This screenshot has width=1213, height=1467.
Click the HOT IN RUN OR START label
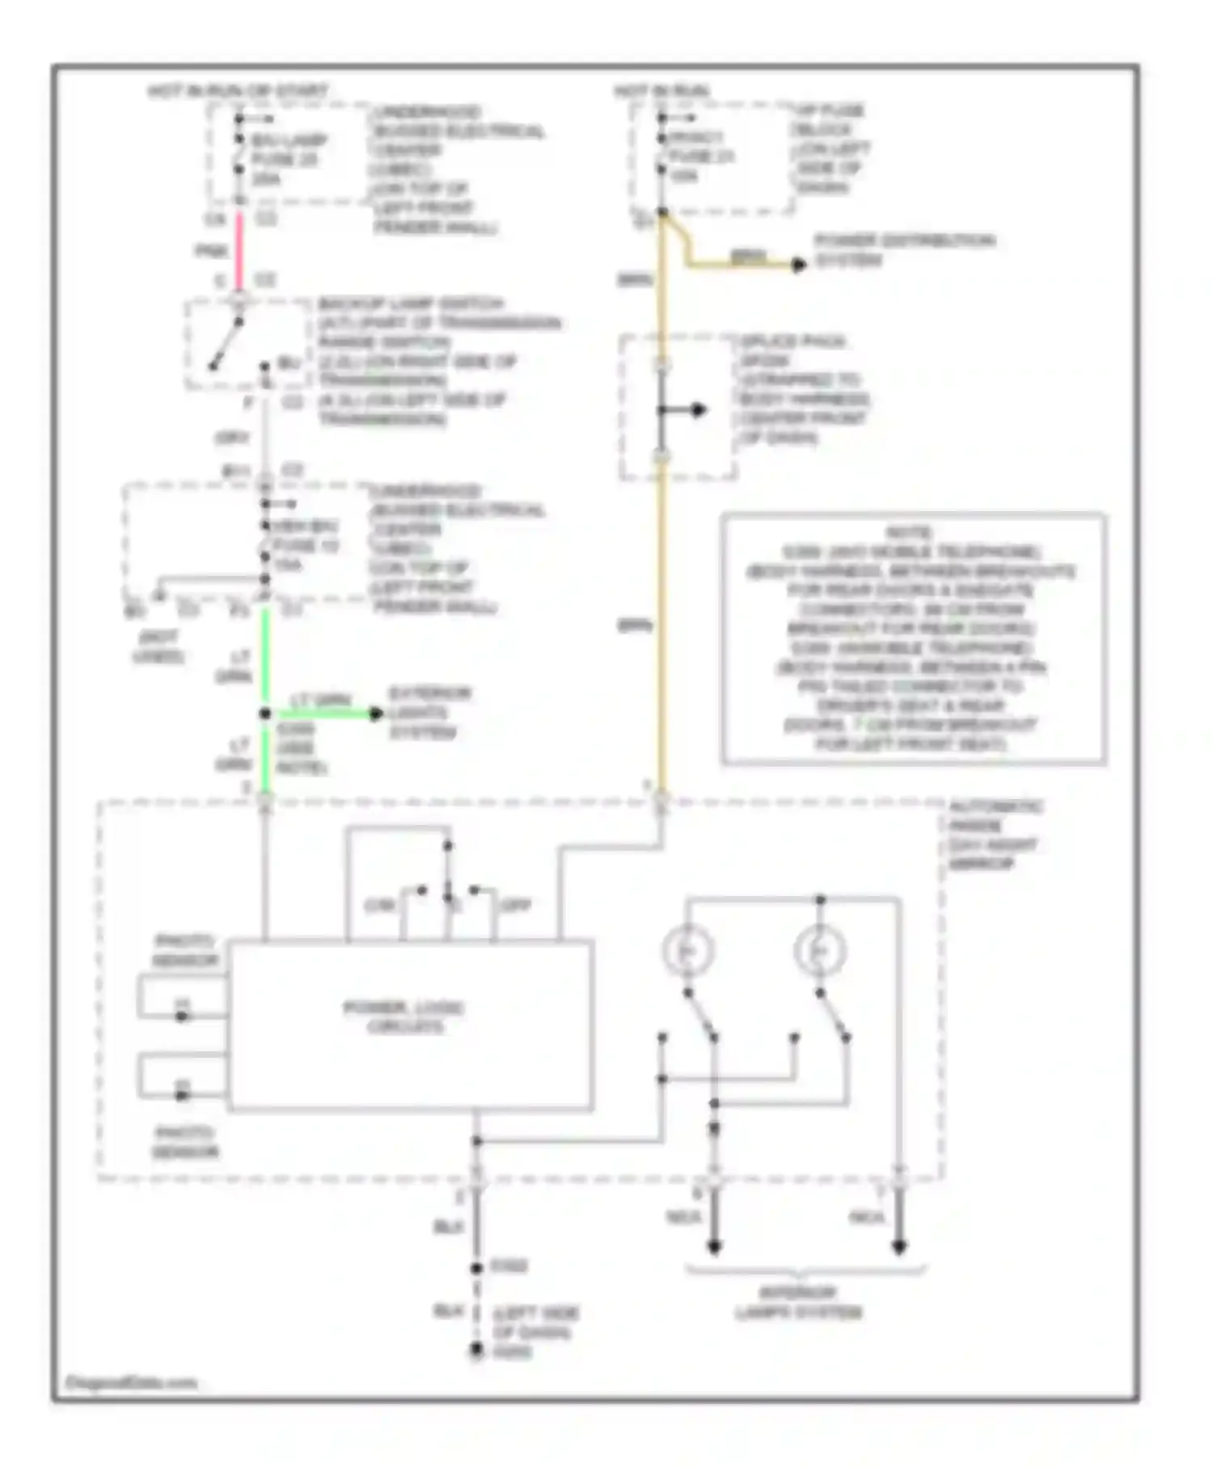[x=238, y=91]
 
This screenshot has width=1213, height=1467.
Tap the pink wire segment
[x=239, y=250]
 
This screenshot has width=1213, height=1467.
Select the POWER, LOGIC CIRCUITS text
[x=404, y=1017]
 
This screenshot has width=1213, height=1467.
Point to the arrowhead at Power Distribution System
[x=799, y=264]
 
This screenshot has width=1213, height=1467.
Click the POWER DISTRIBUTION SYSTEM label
[x=904, y=250]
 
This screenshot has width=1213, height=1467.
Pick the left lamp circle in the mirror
[x=687, y=951]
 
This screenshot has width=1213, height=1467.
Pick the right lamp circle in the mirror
[x=820, y=951]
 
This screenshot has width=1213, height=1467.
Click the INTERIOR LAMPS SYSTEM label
[x=799, y=1302]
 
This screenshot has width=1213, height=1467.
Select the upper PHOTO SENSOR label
[x=185, y=950]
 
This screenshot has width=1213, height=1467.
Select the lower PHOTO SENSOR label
[x=185, y=1142]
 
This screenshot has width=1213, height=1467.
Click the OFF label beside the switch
[x=516, y=905]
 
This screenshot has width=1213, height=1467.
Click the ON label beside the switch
[x=379, y=905]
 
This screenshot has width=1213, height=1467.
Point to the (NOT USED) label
[x=158, y=646]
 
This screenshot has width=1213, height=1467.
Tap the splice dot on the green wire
[x=264, y=713]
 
